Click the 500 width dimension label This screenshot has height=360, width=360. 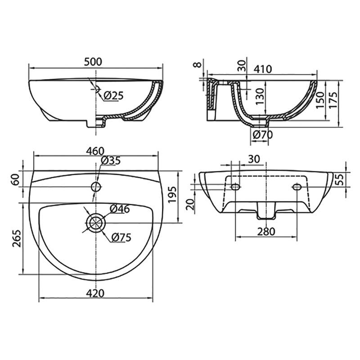point(93,62)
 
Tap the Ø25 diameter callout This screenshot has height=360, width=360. point(113,95)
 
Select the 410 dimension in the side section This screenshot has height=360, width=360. point(263,69)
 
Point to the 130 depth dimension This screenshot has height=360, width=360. point(260,97)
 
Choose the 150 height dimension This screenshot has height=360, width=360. point(319,100)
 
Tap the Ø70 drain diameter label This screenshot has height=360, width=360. point(262,135)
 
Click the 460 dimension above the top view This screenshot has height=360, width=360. point(95,151)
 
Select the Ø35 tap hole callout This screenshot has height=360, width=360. point(111,161)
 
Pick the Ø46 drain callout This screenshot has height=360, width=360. point(120,209)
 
